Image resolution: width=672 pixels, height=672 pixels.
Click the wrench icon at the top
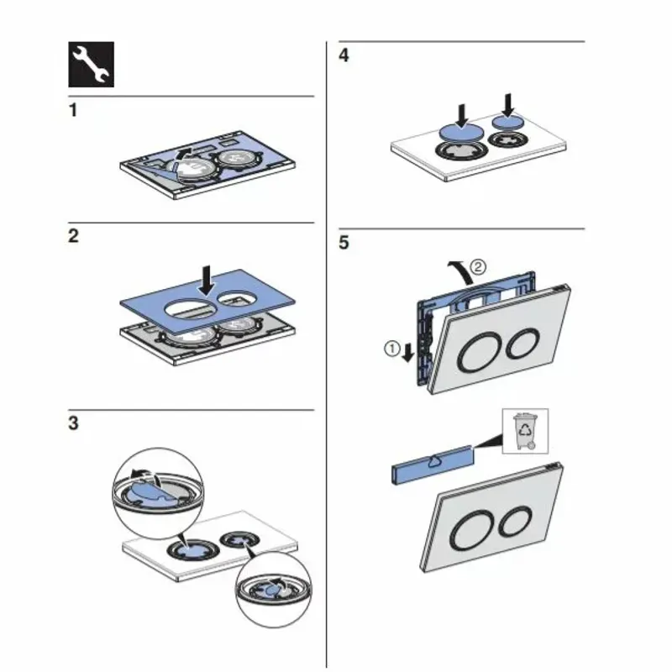pos(90,66)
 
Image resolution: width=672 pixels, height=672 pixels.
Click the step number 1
pos(73,111)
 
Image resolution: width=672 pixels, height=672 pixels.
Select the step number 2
pos(73,237)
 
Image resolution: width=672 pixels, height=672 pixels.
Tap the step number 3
pos(73,424)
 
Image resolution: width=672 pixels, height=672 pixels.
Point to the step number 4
pos(344,55)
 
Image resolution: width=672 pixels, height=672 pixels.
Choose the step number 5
pos(344,244)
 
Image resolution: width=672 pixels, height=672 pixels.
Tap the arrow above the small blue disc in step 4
pos(507,105)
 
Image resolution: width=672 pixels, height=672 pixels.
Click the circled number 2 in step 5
pos(477,268)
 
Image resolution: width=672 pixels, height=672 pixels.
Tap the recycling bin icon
pos(525,431)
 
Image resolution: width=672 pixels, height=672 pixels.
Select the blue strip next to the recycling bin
pos(432,464)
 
